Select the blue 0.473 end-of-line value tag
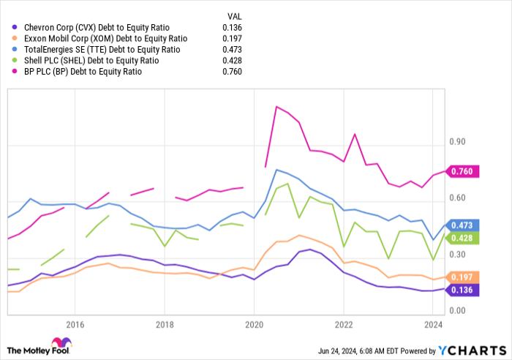coord(462,225)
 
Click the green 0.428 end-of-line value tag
coord(462,239)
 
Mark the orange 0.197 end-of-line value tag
coord(462,277)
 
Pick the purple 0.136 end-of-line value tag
coord(462,290)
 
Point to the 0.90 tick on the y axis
coord(458,141)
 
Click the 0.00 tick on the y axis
coord(458,311)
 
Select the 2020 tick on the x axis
coord(254,325)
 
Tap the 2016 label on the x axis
coord(75,325)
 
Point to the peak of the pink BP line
coord(276,107)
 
